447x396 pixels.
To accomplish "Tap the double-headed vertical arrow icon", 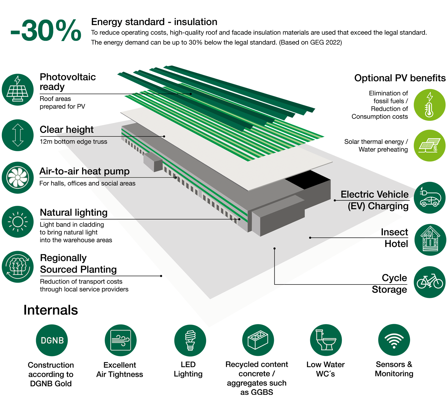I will [x=18, y=135].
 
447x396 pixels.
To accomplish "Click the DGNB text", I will [x=52, y=340].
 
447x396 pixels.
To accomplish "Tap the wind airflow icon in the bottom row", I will [x=120, y=340].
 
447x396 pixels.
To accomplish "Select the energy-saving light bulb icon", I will [x=190, y=340].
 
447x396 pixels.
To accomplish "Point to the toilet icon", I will [x=326, y=340].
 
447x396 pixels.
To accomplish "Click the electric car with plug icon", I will [x=430, y=198].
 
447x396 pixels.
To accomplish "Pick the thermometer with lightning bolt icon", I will [x=429, y=105].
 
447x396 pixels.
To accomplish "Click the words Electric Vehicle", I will [x=375, y=194].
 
